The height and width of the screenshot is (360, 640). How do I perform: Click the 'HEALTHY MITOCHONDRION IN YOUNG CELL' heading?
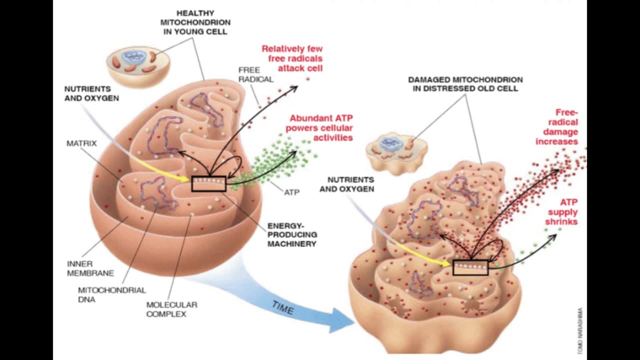tap(195, 22)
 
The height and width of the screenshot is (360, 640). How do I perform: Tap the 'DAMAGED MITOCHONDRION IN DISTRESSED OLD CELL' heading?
tap(465, 84)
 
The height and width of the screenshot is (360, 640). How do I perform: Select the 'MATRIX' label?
tap(81, 143)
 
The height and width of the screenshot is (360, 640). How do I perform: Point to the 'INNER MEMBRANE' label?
tap(90, 268)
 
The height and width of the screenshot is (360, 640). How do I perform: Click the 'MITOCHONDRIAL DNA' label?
tap(112, 294)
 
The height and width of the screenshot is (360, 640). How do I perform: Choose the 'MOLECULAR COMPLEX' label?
tap(171, 309)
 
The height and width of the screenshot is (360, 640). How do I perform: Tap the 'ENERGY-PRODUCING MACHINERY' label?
tap(292, 234)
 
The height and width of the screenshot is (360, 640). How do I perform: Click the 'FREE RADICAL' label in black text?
tap(255, 74)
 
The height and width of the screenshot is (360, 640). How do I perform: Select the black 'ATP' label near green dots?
tap(291, 192)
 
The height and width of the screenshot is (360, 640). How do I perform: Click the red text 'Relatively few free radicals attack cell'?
tap(292, 58)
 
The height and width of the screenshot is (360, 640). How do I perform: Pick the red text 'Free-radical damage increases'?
tap(557, 127)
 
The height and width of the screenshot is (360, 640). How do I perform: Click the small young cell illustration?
tap(138, 65)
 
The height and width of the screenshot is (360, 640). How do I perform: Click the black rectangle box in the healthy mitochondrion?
tap(209, 183)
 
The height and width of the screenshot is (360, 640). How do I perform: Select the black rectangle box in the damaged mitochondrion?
tap(470, 267)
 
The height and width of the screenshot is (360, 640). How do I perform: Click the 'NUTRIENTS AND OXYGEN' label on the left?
tap(91, 93)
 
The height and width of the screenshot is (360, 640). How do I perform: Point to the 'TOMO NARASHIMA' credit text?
tap(579, 330)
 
